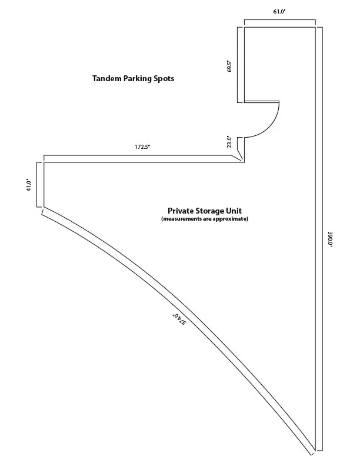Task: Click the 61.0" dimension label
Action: coord(279,12)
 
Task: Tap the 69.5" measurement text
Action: coord(229,66)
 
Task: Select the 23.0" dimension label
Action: coord(229,142)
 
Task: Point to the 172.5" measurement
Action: coord(142,147)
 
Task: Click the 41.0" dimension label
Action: coord(29,185)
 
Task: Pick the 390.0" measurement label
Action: coord(330,239)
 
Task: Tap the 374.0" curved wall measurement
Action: coord(179,319)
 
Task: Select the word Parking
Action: coord(138,79)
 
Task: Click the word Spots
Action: coord(164,79)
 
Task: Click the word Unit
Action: coord(235,211)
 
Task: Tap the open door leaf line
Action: coord(262,102)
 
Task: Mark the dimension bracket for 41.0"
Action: coord(37,184)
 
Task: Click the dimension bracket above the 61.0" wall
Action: coord(280,20)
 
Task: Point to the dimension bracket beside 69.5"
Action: coord(237,65)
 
